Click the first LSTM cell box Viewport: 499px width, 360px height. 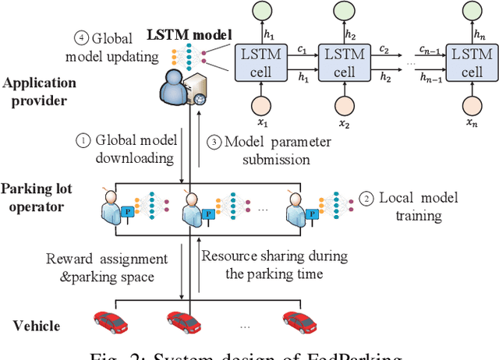[x=263, y=61]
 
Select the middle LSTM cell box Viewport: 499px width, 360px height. [x=344, y=61]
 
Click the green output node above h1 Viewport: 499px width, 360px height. [x=263, y=12]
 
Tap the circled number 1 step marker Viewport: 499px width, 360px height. [x=82, y=141]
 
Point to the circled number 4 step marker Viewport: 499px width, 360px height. [x=80, y=37]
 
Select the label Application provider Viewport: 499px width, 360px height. [x=39, y=91]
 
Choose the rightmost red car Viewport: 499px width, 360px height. [x=299, y=319]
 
